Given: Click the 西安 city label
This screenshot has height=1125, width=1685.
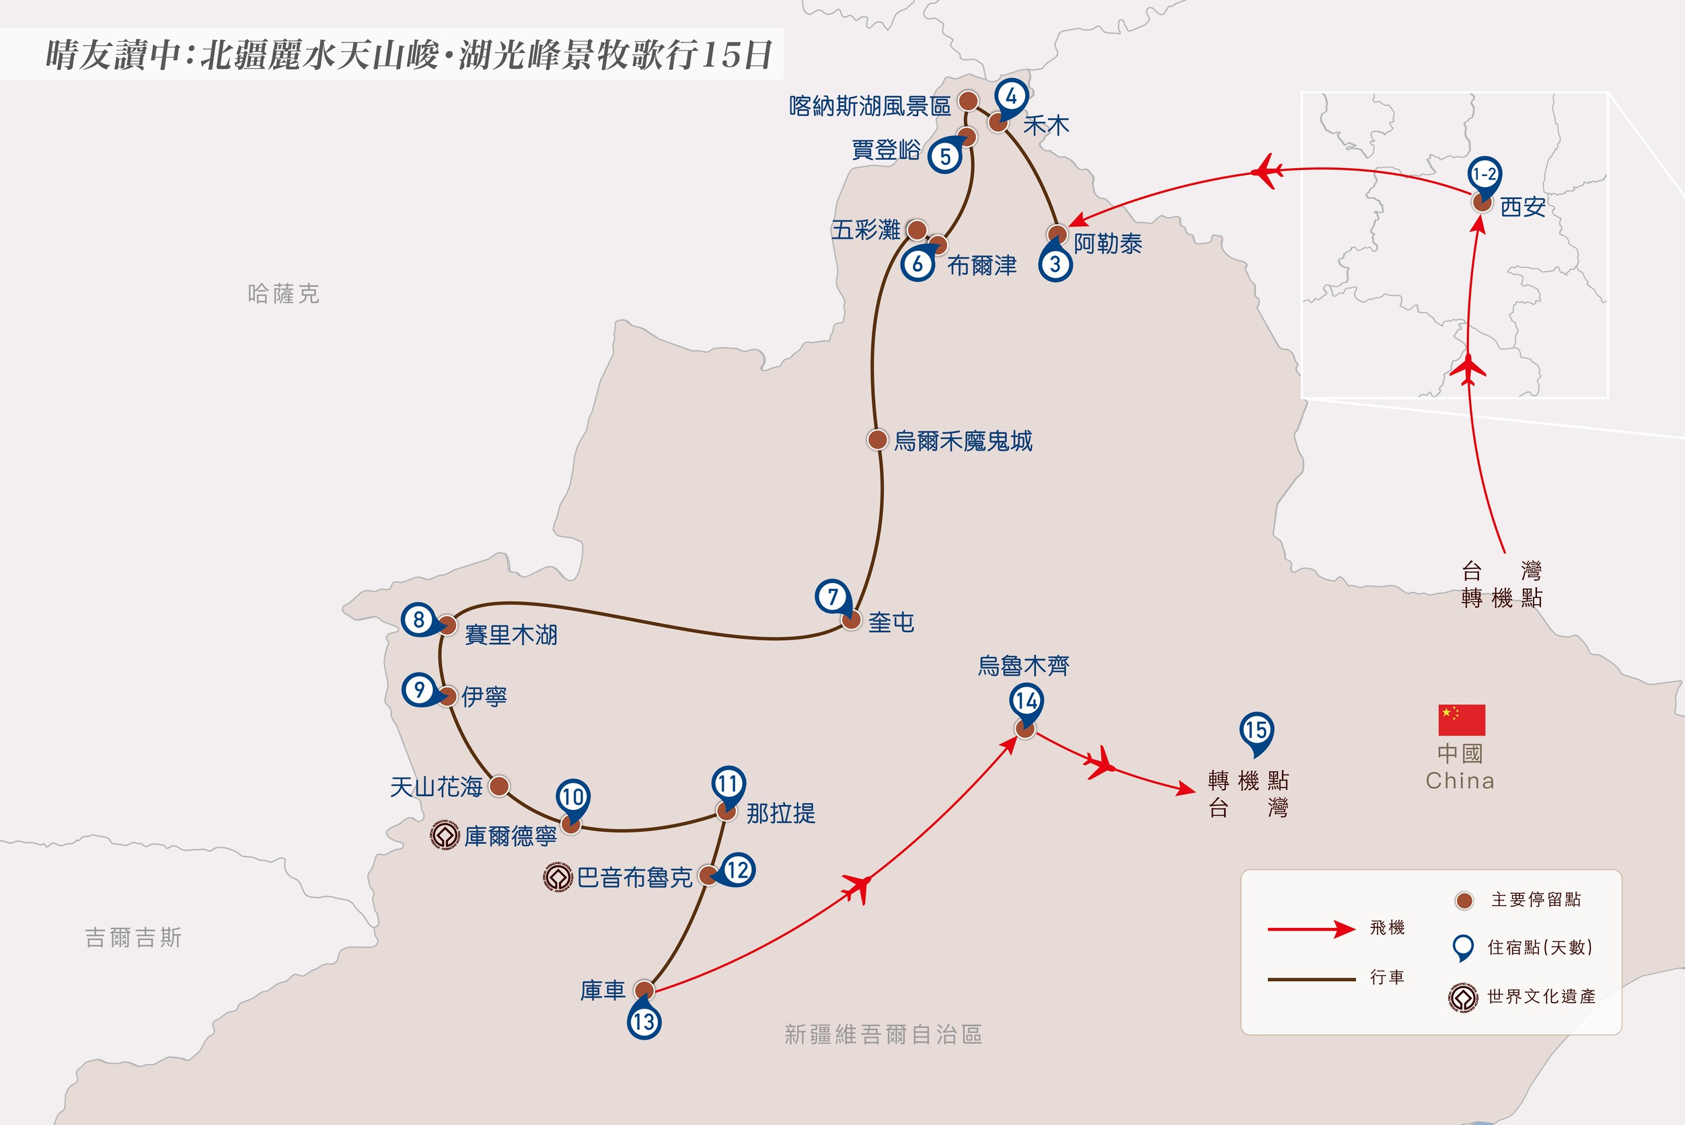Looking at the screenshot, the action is click(1523, 206).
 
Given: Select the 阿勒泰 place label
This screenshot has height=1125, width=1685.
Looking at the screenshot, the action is click(1107, 244).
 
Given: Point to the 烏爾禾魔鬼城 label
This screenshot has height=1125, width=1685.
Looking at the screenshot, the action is click(963, 440).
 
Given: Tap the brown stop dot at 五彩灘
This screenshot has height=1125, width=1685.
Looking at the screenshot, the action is click(916, 229).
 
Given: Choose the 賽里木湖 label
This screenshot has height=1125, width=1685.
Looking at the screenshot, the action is click(511, 634).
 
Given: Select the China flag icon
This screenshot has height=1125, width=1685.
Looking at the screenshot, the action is click(1461, 720).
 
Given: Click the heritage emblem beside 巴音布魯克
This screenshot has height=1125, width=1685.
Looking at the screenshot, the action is click(558, 877).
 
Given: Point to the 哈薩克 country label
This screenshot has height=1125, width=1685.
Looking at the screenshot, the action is click(283, 293).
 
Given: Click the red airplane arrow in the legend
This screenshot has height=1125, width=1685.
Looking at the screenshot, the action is click(1311, 929).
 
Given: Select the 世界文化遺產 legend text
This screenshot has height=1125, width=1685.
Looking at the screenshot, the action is click(1542, 997).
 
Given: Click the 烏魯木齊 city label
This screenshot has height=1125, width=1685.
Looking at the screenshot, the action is click(1024, 666).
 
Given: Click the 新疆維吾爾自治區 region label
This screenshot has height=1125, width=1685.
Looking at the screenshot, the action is click(883, 1035).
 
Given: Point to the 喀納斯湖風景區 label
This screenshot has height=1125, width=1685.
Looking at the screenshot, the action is click(870, 106).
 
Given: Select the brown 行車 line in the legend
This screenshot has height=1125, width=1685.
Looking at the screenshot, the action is click(1311, 978).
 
